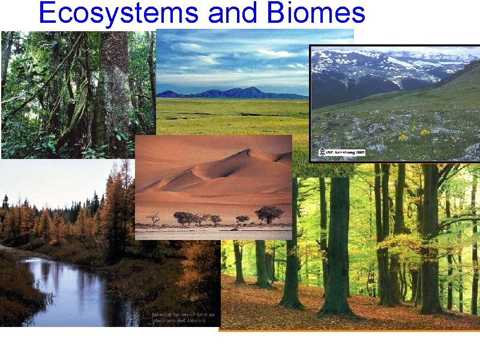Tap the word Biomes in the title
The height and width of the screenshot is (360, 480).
point(317,13)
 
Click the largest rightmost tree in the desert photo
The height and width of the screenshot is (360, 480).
point(269,214)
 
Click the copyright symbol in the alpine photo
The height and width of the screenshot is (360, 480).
point(322,154)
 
